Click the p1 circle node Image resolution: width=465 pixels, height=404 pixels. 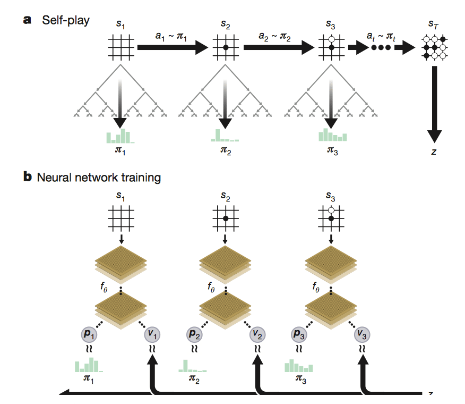[x=89, y=334]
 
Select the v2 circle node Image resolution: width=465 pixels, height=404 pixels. [x=257, y=334]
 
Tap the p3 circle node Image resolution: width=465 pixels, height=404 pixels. [x=299, y=334]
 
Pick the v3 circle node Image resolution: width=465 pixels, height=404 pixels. [x=362, y=334]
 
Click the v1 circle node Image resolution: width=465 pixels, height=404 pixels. [x=152, y=334]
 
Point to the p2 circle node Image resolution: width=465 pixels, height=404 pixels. [x=194, y=334]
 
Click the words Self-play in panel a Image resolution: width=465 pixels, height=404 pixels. [x=66, y=20]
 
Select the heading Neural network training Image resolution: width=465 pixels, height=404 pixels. [x=99, y=178]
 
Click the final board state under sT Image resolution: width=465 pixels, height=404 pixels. [x=434, y=47]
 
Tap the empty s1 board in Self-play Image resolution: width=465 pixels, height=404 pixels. [x=120, y=47]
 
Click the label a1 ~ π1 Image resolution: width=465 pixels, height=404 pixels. [x=171, y=37]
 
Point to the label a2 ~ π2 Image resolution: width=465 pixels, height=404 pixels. [x=274, y=37]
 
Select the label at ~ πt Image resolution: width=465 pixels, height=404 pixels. [x=381, y=37]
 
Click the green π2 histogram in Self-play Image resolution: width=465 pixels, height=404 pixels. [x=225, y=135]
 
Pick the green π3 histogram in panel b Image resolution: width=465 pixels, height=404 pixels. [x=299, y=366]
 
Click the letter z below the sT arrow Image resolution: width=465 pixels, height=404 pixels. [x=434, y=152]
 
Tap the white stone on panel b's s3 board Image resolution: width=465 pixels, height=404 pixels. [x=331, y=211]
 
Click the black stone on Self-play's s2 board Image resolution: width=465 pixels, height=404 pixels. [x=226, y=47]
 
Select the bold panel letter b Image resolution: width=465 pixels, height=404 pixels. [x=28, y=176]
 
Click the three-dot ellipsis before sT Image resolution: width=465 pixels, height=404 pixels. [x=381, y=47]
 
